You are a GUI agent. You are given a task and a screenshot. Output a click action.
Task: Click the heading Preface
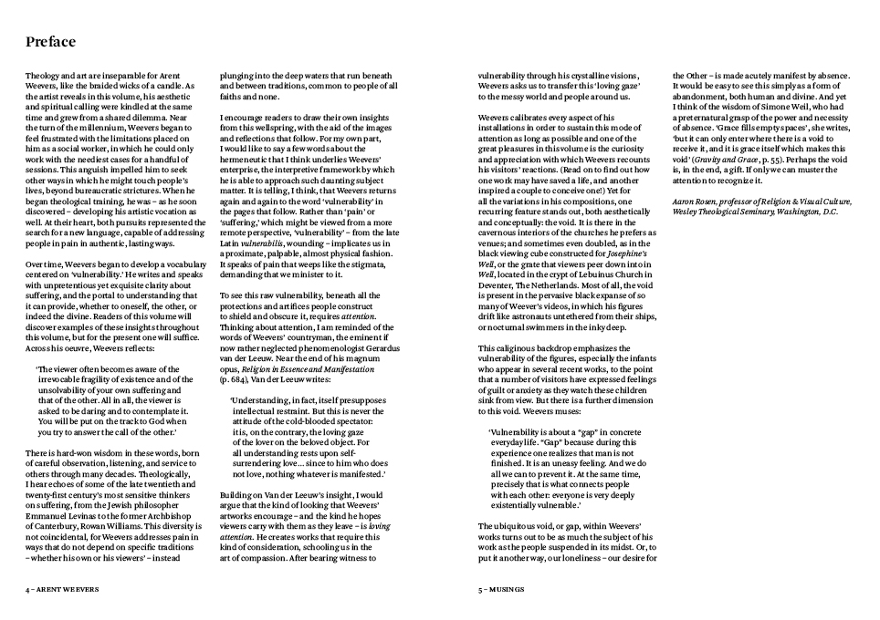(x=50, y=42)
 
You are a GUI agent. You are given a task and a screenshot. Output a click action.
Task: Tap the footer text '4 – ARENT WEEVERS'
(x=61, y=590)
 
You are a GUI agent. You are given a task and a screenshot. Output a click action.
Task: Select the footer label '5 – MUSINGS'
(x=501, y=590)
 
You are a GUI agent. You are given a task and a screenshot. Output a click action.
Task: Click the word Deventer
(x=498, y=284)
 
